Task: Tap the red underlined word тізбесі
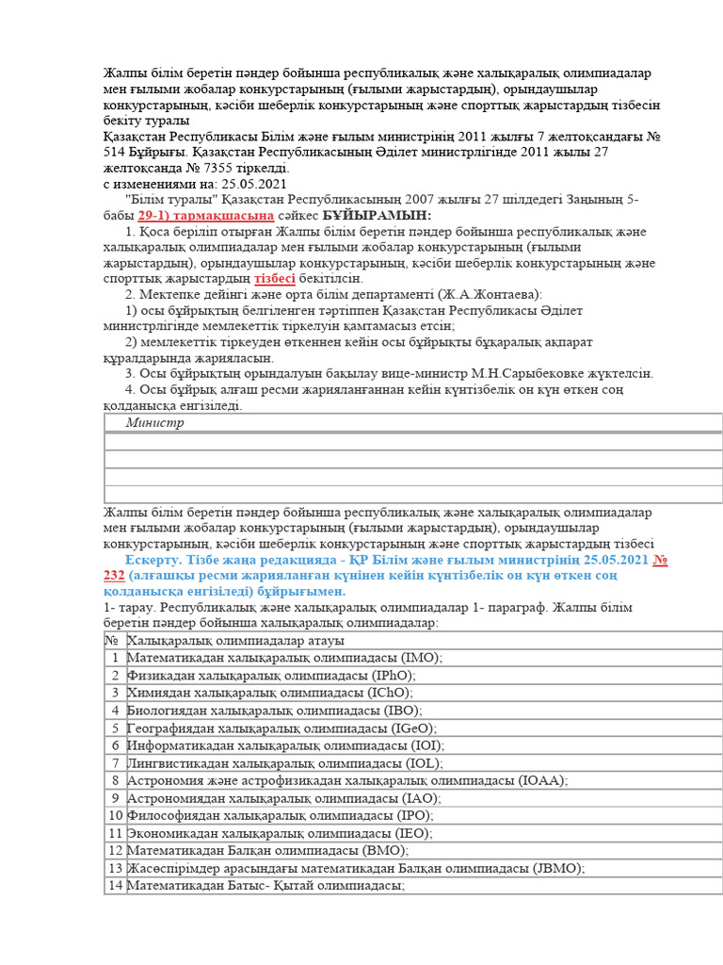pos(275,279)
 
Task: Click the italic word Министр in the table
pos(155,423)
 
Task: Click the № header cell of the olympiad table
pos(113,641)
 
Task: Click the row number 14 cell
pos(115,886)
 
